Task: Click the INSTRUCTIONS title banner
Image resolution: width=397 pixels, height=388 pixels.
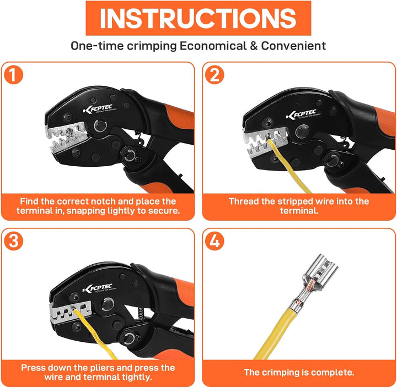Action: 198,18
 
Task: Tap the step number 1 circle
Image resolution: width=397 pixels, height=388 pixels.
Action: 13,75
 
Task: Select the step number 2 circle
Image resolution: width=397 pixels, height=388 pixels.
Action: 214,75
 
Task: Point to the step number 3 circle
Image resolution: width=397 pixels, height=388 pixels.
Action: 13,241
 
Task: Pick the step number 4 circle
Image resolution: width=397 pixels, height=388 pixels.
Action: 214,241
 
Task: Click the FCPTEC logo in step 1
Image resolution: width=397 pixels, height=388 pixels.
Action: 98,109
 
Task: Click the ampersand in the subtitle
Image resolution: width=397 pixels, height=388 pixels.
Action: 254,46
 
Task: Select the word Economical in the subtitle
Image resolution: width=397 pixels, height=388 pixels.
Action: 213,46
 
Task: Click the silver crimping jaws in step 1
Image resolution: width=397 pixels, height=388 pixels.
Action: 67,137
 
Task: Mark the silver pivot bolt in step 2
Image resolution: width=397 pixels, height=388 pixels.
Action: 302,131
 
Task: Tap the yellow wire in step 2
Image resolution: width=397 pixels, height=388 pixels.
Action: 288,167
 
